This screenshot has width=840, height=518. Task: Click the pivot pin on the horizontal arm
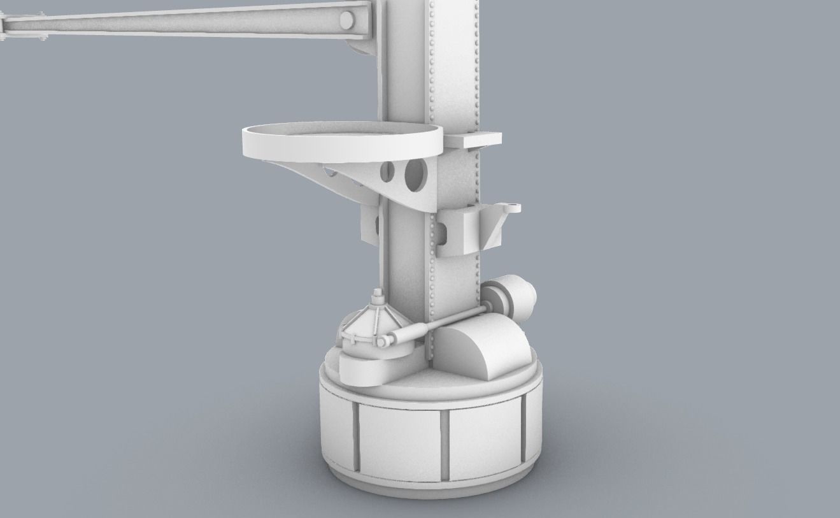click(x=347, y=20)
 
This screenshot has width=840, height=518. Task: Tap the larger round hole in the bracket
click(x=416, y=175)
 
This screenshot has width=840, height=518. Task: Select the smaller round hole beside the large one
click(x=387, y=171)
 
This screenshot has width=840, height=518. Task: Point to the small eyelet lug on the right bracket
click(x=510, y=208)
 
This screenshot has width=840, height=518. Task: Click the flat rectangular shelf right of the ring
click(x=473, y=139)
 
